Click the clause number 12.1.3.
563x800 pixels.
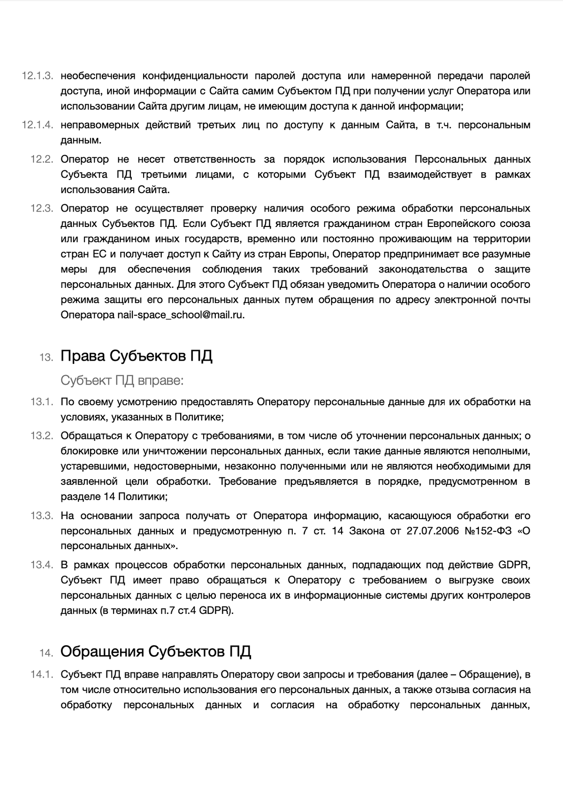[38, 76]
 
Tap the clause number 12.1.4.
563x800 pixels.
[38, 125]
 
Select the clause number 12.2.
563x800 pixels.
[42, 159]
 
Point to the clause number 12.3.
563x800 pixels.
[42, 208]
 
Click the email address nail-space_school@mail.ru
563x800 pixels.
[181, 315]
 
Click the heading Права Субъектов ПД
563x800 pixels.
[137, 356]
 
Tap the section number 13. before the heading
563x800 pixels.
[46, 357]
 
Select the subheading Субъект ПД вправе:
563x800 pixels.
[122, 380]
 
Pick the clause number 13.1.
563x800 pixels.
[42, 402]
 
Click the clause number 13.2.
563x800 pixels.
[42, 436]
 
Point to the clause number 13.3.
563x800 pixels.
[42, 516]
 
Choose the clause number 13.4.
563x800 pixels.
[42, 565]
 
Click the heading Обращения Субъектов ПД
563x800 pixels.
[156, 651]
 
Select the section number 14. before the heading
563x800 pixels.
[46, 653]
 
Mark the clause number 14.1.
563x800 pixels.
[42, 675]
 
